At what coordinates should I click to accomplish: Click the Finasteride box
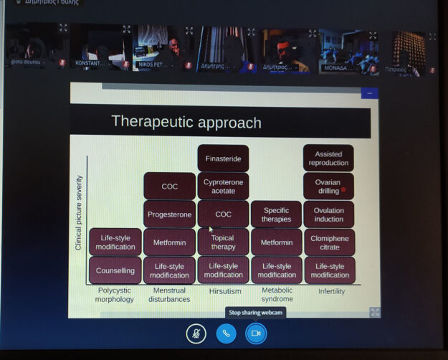point(223,158)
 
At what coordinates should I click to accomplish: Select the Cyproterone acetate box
point(223,186)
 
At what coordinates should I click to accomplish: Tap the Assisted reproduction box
point(328,158)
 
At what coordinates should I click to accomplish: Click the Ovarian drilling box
point(328,186)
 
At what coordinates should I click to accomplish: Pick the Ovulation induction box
point(329,214)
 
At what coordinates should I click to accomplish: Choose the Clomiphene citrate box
point(329,242)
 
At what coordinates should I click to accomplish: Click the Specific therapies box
point(276,214)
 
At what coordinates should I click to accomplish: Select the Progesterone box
point(169,214)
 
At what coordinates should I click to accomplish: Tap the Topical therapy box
point(223,242)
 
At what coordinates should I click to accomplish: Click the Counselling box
point(115,270)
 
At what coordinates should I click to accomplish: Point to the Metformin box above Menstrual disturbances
point(169,242)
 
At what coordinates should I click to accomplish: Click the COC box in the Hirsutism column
point(223,214)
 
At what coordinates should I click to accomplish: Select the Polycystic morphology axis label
point(115,295)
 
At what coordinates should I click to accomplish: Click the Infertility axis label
point(331,291)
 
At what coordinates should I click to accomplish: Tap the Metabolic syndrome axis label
point(277,295)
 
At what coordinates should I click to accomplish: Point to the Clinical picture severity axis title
point(79,212)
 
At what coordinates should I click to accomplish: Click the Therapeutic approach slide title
point(186,122)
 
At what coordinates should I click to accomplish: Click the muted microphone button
point(196,333)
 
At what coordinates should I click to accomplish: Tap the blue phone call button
point(226,333)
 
